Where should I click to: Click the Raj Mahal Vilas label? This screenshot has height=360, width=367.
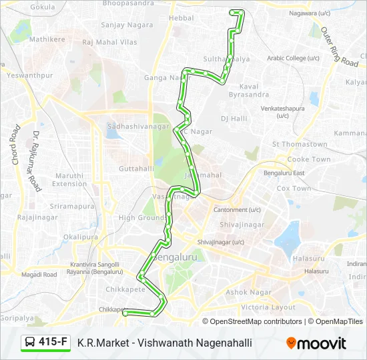pyautogui.click(x=109, y=42)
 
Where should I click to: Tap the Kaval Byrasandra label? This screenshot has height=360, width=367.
pyautogui.click(x=244, y=91)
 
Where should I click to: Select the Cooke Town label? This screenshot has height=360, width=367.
pyautogui.click(x=308, y=159)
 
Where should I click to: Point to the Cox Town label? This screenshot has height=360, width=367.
pyautogui.click(x=294, y=189)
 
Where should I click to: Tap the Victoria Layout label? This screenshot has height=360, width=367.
pyautogui.click(x=268, y=307)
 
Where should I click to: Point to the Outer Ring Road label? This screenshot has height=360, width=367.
pyautogui.click(x=339, y=46)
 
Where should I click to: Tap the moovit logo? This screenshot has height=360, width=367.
pyautogui.click(x=316, y=343)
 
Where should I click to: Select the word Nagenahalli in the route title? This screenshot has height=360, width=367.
pyautogui.click(x=225, y=343)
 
